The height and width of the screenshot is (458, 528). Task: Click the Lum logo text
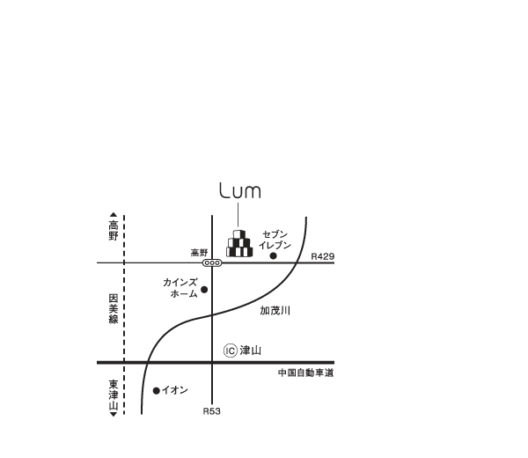[x=240, y=190]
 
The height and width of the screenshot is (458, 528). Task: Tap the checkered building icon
[x=239, y=244]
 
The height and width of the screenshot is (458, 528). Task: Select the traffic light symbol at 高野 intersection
[x=212, y=262]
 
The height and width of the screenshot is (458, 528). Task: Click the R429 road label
[x=323, y=256]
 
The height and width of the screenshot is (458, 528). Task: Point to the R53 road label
[x=212, y=411]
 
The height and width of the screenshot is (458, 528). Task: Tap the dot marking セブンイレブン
[x=274, y=256]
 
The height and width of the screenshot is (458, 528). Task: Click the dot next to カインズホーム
[x=204, y=290]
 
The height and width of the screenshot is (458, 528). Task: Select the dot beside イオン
[x=157, y=390]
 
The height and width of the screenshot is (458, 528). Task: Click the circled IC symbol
[x=231, y=351]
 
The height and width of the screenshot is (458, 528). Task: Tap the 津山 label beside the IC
[x=251, y=351]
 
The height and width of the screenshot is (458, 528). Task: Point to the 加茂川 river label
[x=275, y=310]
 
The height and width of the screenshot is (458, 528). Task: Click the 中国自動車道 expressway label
[x=305, y=373]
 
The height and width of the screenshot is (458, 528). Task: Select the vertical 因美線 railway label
[x=114, y=308]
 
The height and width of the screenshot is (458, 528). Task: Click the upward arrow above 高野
[x=114, y=215]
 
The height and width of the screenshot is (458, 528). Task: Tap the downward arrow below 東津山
[x=114, y=414]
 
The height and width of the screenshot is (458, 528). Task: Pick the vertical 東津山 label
[x=114, y=395]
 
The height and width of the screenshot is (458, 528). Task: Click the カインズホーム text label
[x=180, y=288]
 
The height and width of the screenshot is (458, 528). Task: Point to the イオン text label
[x=175, y=390]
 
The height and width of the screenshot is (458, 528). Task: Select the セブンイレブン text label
[x=275, y=240]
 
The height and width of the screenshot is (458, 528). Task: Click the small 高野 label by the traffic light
[x=200, y=253]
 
